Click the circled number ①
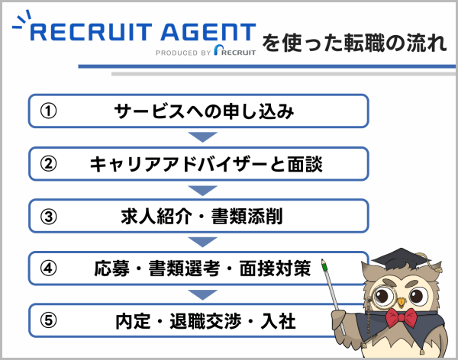coord(48,111)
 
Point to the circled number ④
coord(48,269)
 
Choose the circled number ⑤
coord(48,321)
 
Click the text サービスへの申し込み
coord(203,111)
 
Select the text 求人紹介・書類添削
coord(203,217)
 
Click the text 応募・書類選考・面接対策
coord(203,269)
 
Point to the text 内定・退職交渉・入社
coord(203,321)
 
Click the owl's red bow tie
coord(402,316)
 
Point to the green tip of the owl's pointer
coord(325,265)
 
